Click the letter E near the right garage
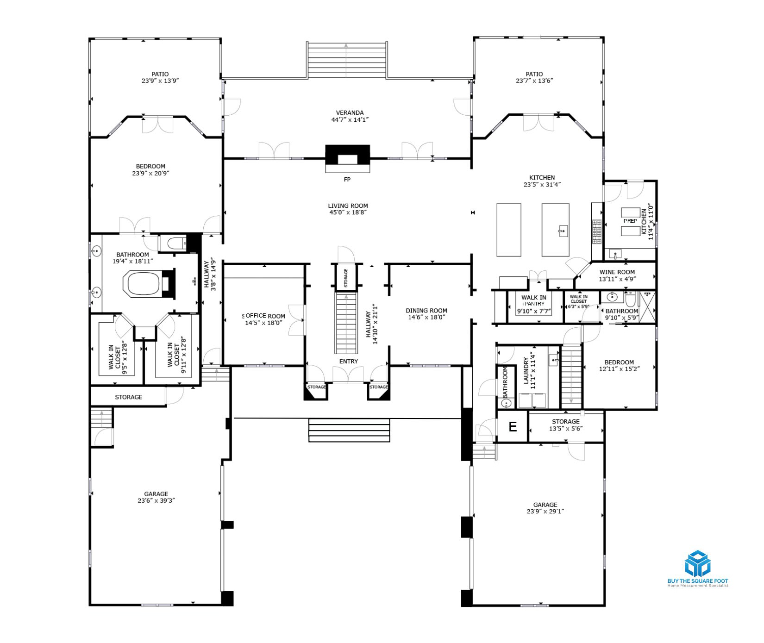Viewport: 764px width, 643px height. coord(513,427)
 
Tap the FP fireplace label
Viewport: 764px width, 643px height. coord(347,180)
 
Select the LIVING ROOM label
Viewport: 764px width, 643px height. coord(348,206)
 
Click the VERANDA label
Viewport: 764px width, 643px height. coord(350,112)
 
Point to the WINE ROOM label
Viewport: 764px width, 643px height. coord(617,272)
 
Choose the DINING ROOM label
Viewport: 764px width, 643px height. coord(426,311)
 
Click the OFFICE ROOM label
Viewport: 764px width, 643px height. coord(265,316)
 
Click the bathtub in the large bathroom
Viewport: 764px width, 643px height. coord(143,284)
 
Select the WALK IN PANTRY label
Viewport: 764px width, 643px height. coord(534,301)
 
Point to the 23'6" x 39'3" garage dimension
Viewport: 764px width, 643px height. coord(156,500)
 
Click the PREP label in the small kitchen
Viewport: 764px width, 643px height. coord(630,221)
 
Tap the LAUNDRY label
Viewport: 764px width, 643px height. coord(526,370)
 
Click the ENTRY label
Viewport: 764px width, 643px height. coord(349,362)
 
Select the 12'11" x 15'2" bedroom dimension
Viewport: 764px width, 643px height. coord(619,369)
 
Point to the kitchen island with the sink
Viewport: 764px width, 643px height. coord(556,230)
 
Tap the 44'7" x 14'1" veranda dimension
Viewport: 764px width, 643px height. coord(350,119)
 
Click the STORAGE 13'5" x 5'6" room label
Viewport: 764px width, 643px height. coord(566,425)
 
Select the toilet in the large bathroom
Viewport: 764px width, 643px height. coord(175,243)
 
